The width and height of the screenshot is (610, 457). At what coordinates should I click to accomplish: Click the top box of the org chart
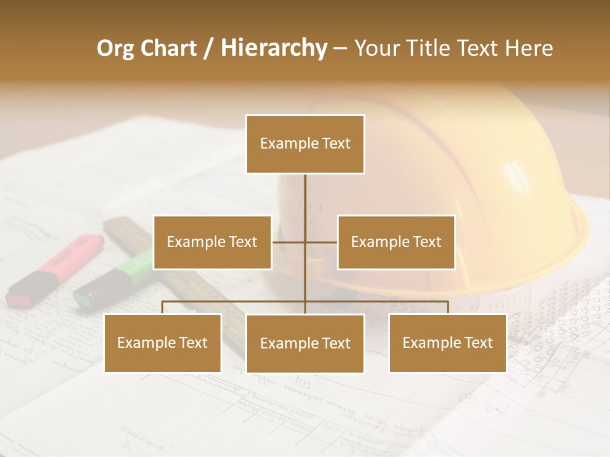pos(305,144)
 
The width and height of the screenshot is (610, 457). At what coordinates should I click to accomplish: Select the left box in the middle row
pos(212,242)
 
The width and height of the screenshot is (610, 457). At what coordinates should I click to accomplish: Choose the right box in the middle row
pos(396,242)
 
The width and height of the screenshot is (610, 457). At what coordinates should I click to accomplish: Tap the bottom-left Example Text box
pos(163,343)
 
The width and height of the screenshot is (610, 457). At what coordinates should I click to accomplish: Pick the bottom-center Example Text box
pos(305,343)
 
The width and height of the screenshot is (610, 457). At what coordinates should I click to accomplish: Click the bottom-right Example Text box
pos(447,343)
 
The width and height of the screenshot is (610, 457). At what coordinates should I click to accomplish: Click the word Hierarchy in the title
pos(273,48)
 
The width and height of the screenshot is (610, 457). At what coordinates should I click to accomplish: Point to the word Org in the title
pos(116,48)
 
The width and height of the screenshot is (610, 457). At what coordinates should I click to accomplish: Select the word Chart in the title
pos(169,48)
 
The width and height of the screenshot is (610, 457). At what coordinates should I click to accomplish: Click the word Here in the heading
pos(529,48)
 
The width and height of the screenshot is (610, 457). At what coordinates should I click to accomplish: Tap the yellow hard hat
pos(445,190)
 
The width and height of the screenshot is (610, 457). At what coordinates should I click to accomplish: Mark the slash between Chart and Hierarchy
pos(208,48)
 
